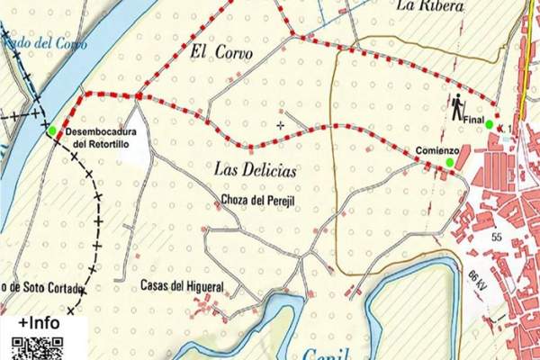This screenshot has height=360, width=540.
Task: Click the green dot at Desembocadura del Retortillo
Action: point(51,130)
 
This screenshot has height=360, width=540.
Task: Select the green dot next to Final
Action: point(489,124)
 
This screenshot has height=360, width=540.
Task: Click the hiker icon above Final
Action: point(458,108)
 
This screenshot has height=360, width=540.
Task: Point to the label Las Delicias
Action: point(256,168)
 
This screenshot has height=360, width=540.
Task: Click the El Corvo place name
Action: point(219,53)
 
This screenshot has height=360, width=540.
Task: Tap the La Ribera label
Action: point(430,6)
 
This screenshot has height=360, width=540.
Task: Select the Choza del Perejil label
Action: point(258,200)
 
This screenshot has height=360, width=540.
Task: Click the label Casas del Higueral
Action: point(182,287)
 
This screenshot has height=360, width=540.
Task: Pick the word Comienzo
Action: point(438,149)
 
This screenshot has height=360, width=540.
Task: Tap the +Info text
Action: point(40,323)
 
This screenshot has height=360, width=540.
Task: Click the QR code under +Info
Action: point(38,348)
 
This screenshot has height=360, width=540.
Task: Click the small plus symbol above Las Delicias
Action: point(280,125)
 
